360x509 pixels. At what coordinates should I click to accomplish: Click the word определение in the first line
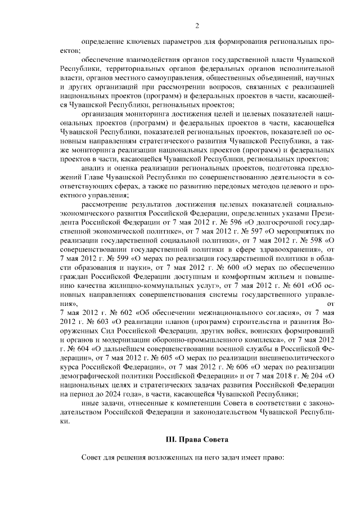coord(104,42)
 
